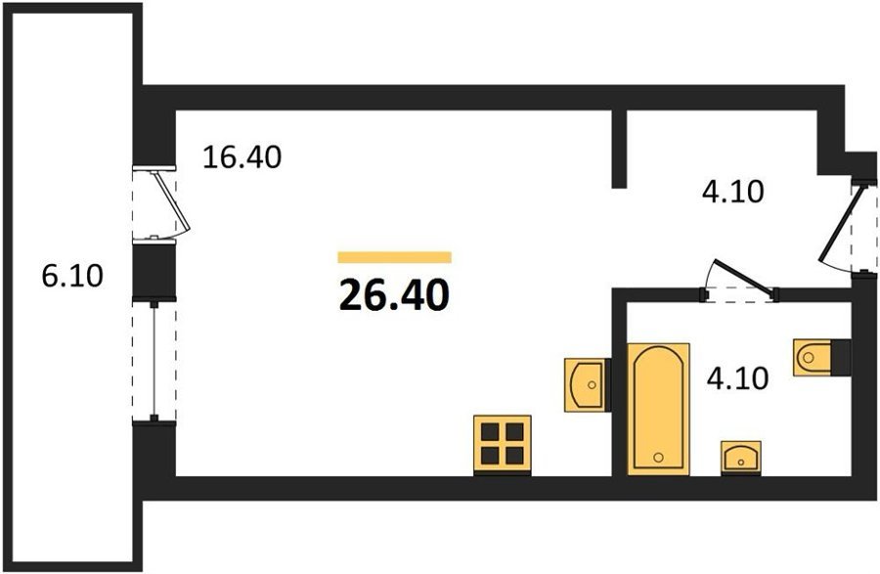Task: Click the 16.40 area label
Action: pyautogui.click(x=242, y=157)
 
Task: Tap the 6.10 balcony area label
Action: pyautogui.click(x=72, y=276)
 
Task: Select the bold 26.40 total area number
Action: pyautogui.click(x=394, y=295)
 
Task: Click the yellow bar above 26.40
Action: pyautogui.click(x=395, y=257)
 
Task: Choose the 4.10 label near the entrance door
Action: pyautogui.click(x=733, y=192)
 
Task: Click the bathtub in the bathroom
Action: pyautogui.click(x=658, y=409)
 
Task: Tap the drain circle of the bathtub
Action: pyautogui.click(x=658, y=458)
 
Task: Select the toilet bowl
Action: pyautogui.click(x=813, y=357)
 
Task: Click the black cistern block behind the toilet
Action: pyautogui.click(x=841, y=357)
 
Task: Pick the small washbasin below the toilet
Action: pyautogui.click(x=741, y=457)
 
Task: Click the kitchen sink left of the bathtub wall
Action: pyautogui.click(x=585, y=385)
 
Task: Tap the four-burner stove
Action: pyautogui.click(x=503, y=443)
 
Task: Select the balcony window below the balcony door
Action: pyautogui.click(x=154, y=361)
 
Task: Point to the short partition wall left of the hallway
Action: pyautogui.click(x=618, y=150)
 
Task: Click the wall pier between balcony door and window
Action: pyautogui.click(x=154, y=271)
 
